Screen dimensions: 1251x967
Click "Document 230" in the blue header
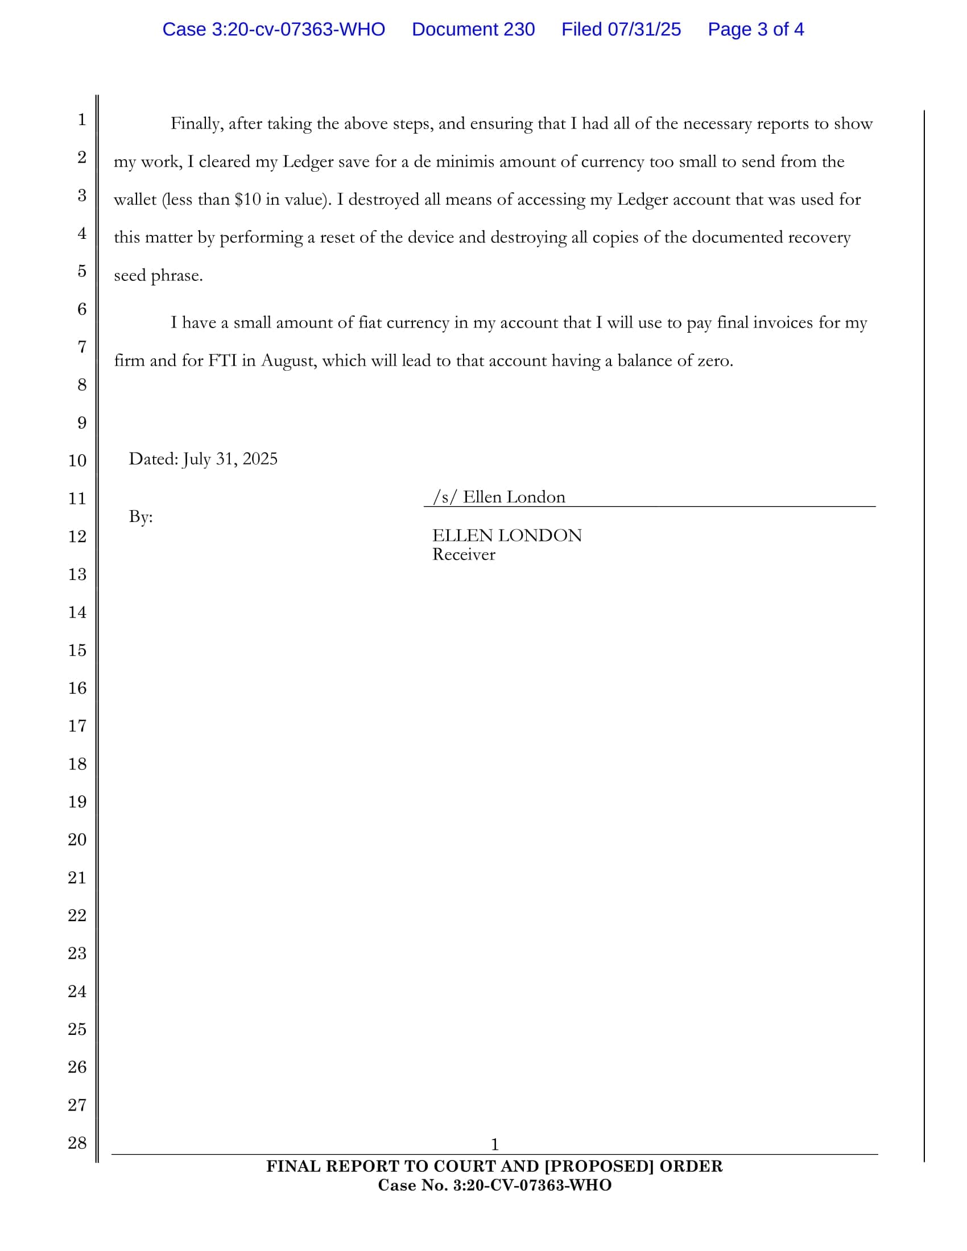[473, 29]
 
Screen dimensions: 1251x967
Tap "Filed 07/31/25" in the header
[621, 29]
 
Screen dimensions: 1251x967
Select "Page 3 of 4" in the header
[755, 29]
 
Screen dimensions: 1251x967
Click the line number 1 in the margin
[82, 120]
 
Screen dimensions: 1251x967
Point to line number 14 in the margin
[77, 612]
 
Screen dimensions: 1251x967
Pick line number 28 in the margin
[77, 1143]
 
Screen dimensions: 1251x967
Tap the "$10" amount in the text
[247, 200]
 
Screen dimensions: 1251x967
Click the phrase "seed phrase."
[158, 276]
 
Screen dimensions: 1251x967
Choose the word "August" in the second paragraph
[288, 361]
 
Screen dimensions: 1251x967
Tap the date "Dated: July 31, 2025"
[203, 459]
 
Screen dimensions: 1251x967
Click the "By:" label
[140, 517]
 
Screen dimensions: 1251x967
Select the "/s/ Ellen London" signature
[499, 496]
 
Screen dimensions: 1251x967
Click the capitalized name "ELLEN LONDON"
[506, 536]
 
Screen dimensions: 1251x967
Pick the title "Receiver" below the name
[464, 554]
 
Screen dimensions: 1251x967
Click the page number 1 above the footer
[494, 1145]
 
